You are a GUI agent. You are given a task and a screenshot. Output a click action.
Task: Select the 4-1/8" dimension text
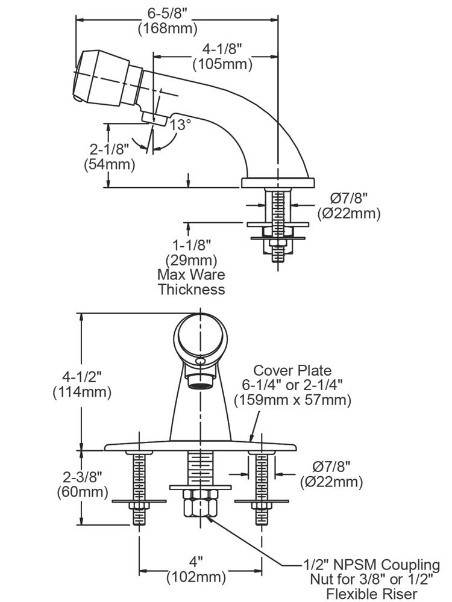coord(222,50)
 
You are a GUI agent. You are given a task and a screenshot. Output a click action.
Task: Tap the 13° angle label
coord(180,125)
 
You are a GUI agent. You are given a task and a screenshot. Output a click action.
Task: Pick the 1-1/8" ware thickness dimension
coord(191,246)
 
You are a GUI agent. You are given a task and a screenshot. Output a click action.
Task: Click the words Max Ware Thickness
coord(191,282)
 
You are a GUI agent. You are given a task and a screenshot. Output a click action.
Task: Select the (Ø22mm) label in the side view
coord(349,213)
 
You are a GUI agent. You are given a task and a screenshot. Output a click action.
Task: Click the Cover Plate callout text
coord(292,370)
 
